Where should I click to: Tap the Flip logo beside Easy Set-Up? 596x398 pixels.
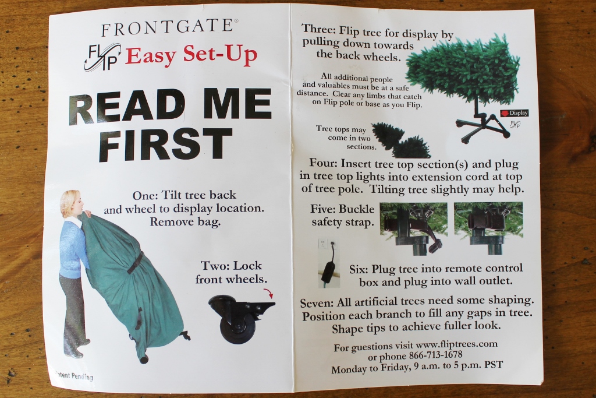102,57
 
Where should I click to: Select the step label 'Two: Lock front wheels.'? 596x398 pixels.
231,272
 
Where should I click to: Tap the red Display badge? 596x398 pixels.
514,112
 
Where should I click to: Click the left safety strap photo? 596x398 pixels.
413,227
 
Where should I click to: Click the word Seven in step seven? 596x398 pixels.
318,304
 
